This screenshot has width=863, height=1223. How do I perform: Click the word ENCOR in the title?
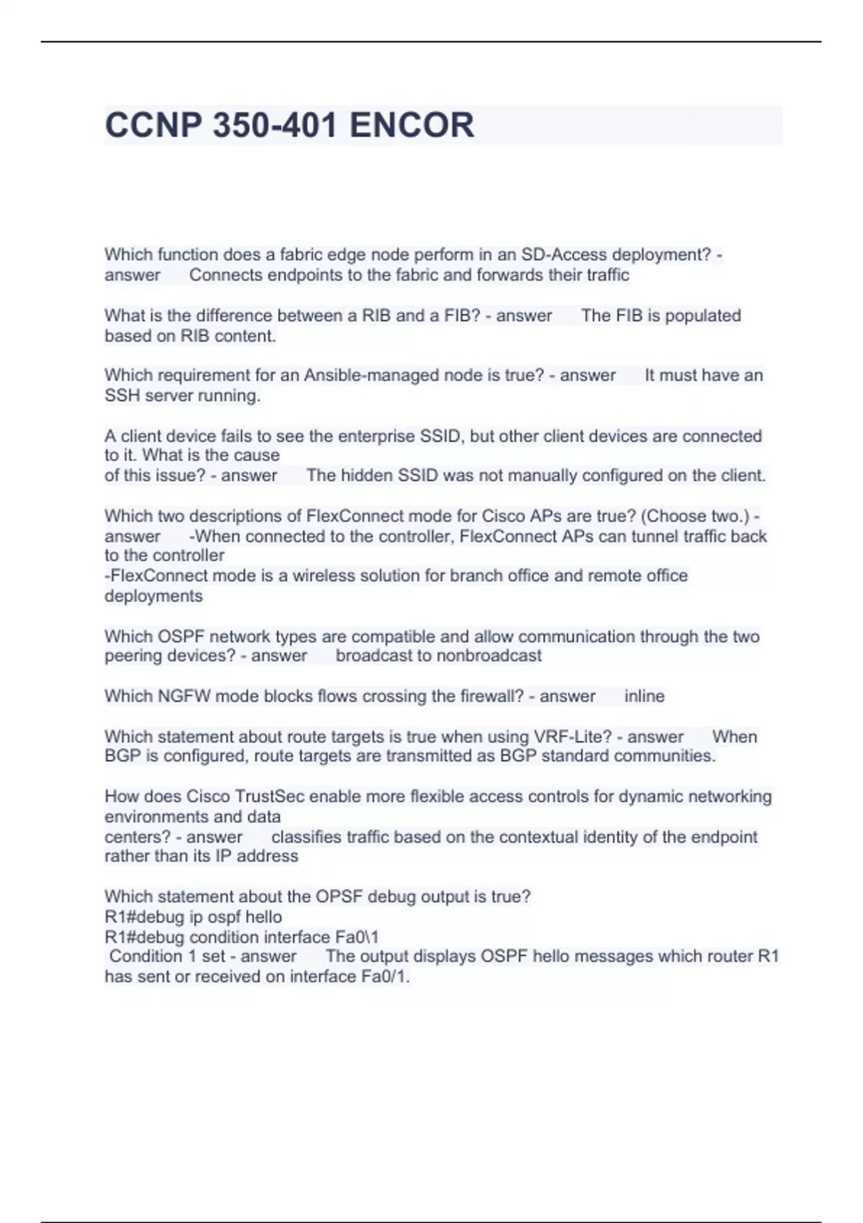[411, 125]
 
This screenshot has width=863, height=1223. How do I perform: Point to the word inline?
[644, 696]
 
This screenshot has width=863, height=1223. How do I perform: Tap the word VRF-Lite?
[572, 737]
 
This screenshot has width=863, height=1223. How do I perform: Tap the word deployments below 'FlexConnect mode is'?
[153, 596]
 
